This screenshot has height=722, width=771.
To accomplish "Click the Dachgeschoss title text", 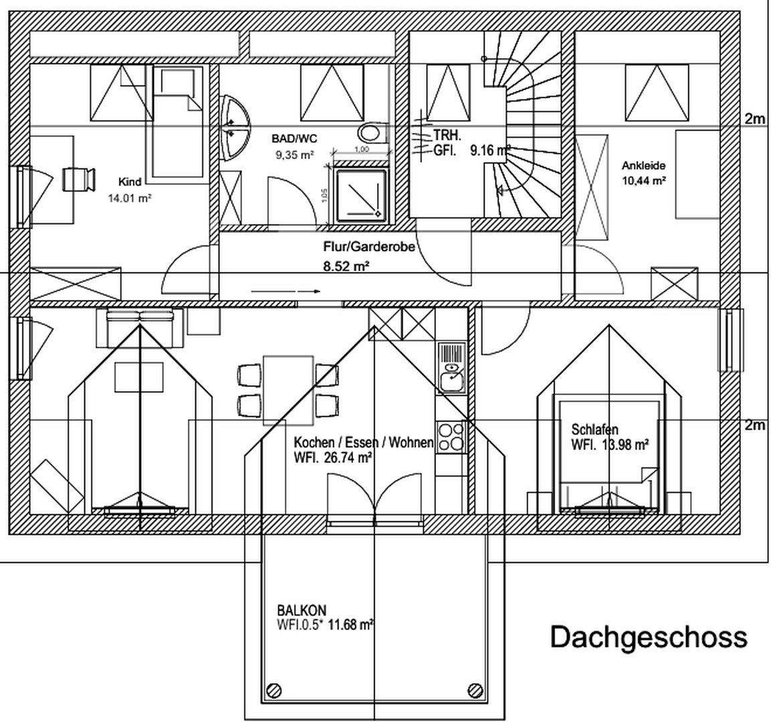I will click(648, 636).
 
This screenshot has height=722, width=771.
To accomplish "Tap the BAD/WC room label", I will click(294, 139).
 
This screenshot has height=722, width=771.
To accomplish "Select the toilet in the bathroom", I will click(371, 132).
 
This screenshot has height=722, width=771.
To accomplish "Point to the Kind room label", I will click(130, 182).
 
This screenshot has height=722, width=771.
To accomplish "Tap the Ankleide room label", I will click(643, 166).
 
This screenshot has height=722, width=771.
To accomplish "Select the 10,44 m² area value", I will click(643, 180).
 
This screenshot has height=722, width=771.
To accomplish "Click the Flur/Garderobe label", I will click(369, 247).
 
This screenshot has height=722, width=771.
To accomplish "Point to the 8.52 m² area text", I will click(347, 266).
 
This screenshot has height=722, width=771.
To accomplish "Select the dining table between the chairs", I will click(288, 390).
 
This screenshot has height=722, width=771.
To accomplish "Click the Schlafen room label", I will click(594, 429).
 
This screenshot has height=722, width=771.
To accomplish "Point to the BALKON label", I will click(302, 610).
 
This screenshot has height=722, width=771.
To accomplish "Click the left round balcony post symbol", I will click(273, 690).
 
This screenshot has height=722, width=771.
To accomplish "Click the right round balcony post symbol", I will click(476, 690).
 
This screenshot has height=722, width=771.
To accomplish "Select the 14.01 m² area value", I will click(126, 198).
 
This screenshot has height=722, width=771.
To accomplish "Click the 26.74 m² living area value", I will click(347, 458).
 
